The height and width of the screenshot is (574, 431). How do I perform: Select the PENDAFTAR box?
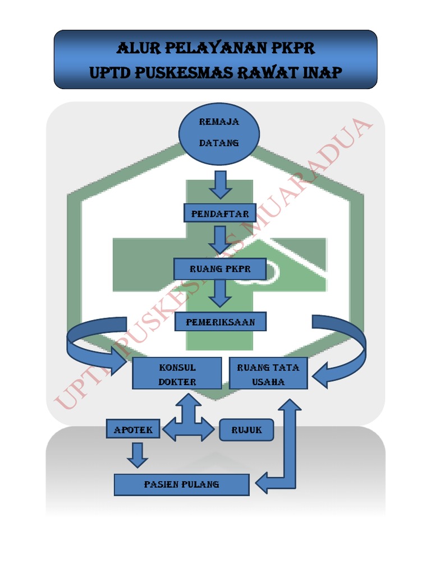tap(220, 214)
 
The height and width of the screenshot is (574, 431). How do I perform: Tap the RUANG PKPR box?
tap(220, 269)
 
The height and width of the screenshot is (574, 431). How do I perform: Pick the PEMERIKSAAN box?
tap(220, 322)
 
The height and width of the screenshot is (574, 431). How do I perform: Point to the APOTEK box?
tap(134, 430)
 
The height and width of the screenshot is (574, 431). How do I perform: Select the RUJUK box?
tap(246, 430)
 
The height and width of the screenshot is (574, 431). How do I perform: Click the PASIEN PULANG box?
tap(181, 484)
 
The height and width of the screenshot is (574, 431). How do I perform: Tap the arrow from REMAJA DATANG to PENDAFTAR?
tap(220, 184)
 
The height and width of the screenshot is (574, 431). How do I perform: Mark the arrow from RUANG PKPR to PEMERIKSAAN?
tap(220, 292)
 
